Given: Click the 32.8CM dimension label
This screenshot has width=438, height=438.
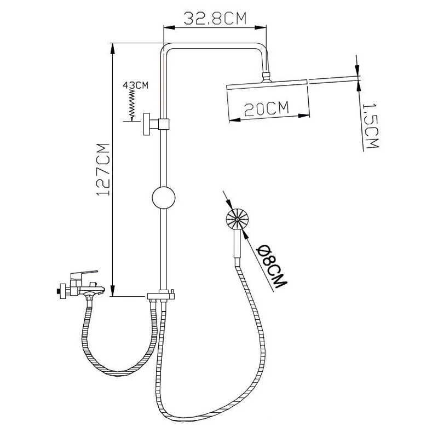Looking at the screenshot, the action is point(215,19).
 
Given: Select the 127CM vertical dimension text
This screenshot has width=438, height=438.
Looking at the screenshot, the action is point(103,170).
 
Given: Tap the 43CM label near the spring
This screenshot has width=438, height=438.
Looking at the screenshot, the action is point(135,85).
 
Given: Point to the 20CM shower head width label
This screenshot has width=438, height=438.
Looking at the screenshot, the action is point(266,108).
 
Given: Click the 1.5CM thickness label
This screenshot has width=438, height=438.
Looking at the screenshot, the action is point(371,126).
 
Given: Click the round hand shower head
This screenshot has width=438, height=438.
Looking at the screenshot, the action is point(237,220).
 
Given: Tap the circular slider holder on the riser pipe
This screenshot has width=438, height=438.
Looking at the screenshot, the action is point(164,198).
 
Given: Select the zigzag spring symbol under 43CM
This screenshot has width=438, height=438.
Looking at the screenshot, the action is point(132,104).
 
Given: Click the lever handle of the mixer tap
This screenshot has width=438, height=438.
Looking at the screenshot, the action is point(84,273).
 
